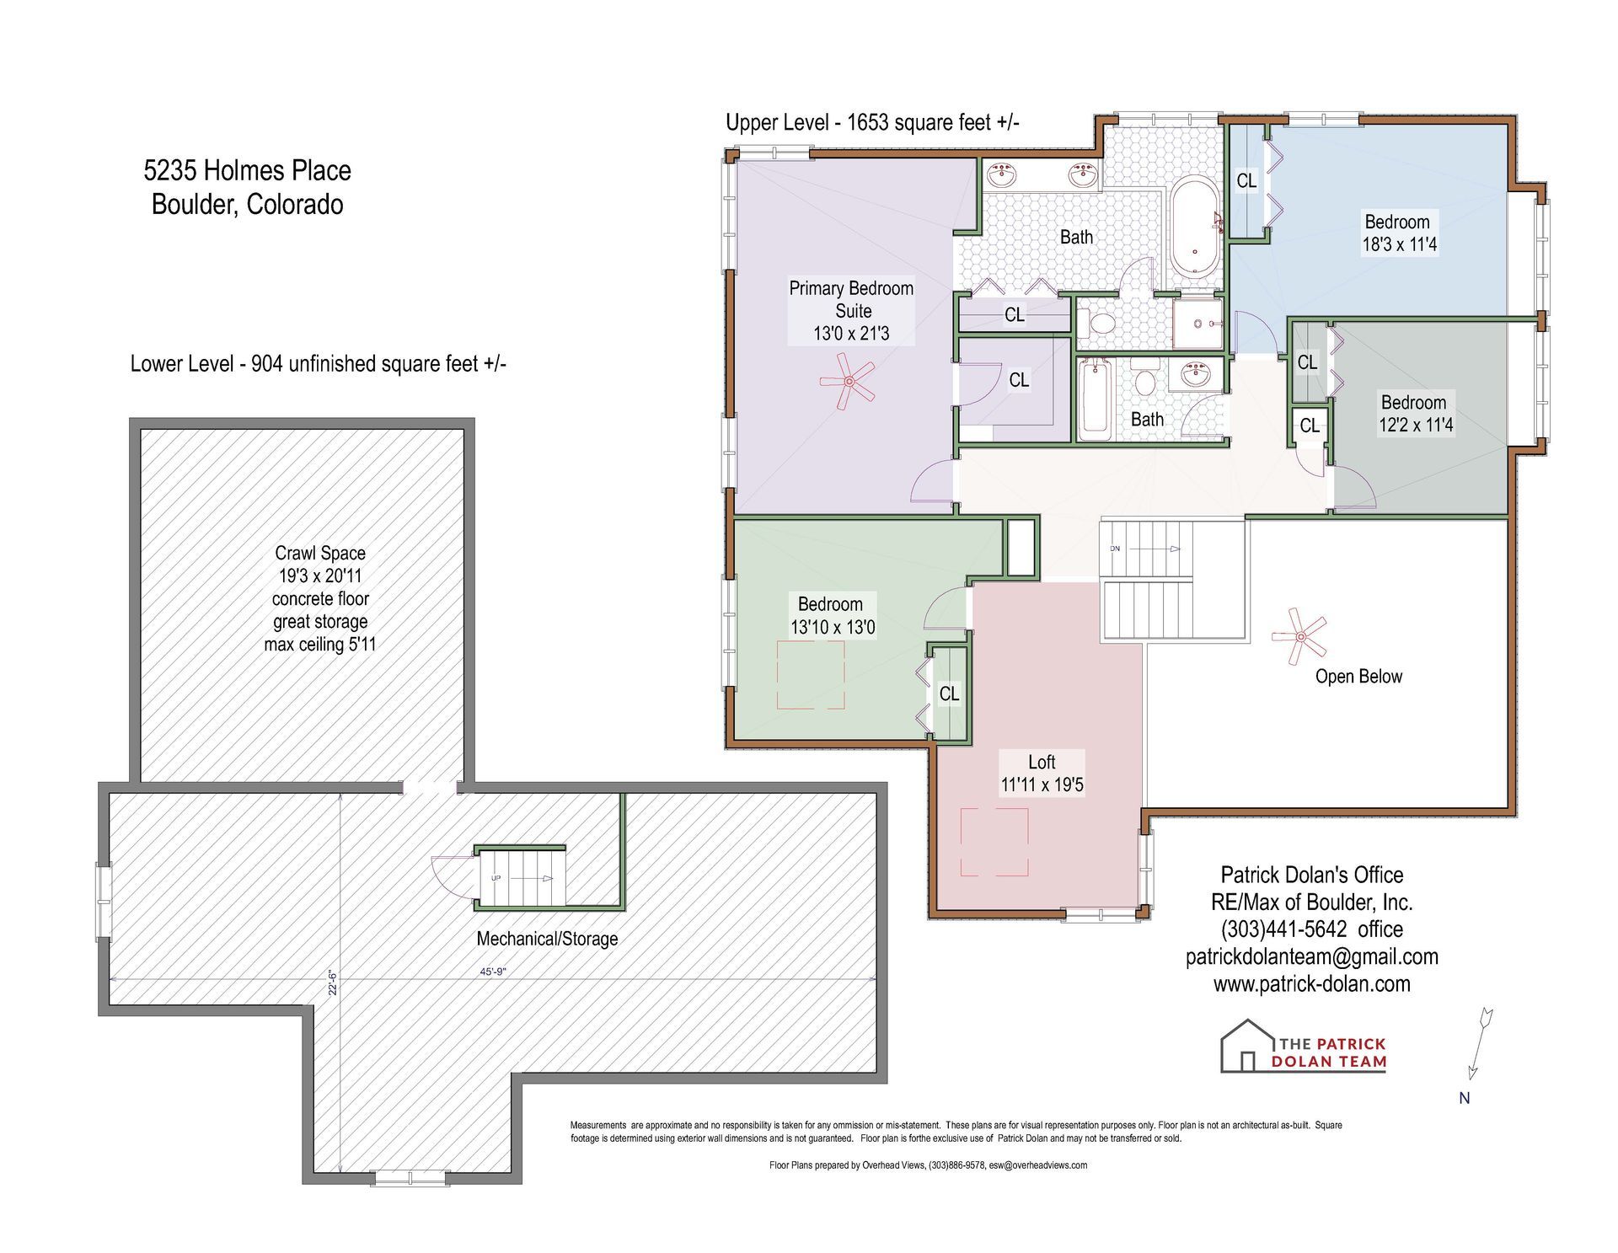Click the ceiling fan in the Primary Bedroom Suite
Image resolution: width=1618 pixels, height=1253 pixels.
tap(849, 382)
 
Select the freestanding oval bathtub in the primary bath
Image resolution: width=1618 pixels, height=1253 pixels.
tap(1194, 226)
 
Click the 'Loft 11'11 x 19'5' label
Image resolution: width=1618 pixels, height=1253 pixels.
tap(1042, 774)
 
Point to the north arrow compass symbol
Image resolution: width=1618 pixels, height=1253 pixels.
tap(1479, 1043)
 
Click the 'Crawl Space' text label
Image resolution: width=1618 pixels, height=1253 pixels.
tap(320, 554)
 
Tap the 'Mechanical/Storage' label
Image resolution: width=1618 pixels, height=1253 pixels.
tap(547, 939)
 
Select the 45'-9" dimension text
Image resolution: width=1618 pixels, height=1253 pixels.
tap(493, 972)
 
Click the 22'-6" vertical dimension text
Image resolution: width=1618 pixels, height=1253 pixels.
tap(333, 983)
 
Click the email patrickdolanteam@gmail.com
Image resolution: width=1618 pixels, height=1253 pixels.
tap(1311, 956)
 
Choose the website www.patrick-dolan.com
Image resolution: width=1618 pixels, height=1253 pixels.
tap(1311, 983)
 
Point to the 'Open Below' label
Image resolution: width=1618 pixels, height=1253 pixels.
tap(1358, 677)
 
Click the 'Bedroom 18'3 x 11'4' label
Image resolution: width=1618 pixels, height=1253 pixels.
tap(1399, 233)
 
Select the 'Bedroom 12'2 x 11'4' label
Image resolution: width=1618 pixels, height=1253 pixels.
tap(1416, 414)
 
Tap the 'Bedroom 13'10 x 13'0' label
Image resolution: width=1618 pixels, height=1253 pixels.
tap(832, 616)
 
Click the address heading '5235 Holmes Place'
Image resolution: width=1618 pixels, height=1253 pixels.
tap(247, 170)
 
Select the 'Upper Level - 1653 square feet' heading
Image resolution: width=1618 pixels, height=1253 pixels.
tap(872, 122)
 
